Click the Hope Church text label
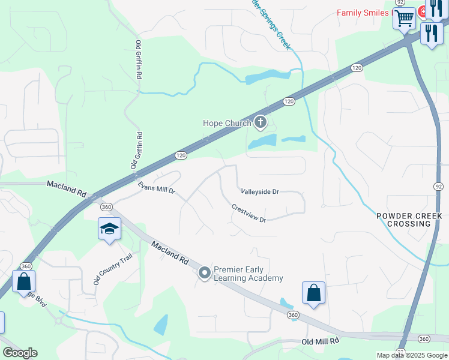pyautogui.click(x=227, y=124)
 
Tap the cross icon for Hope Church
pyautogui.click(x=260, y=123)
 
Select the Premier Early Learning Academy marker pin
pyautogui.click(x=205, y=274)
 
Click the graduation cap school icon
pyautogui.click(x=109, y=229)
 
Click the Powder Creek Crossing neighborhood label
pyautogui.click(x=409, y=220)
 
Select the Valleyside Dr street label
pyautogui.click(x=260, y=192)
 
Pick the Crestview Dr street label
pyautogui.click(x=249, y=213)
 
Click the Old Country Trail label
pyautogui.click(x=112, y=269)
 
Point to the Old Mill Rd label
pyautogui.click(x=321, y=341)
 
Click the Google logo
pyautogui.click(x=20, y=353)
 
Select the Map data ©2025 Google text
pyautogui.click(x=412, y=355)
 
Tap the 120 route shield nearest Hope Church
pyautogui.click(x=289, y=101)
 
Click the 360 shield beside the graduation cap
pyautogui.click(x=106, y=207)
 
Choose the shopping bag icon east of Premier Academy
pyautogui.click(x=313, y=293)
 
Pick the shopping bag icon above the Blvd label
pyautogui.click(x=23, y=281)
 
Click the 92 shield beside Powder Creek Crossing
pyautogui.click(x=439, y=187)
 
